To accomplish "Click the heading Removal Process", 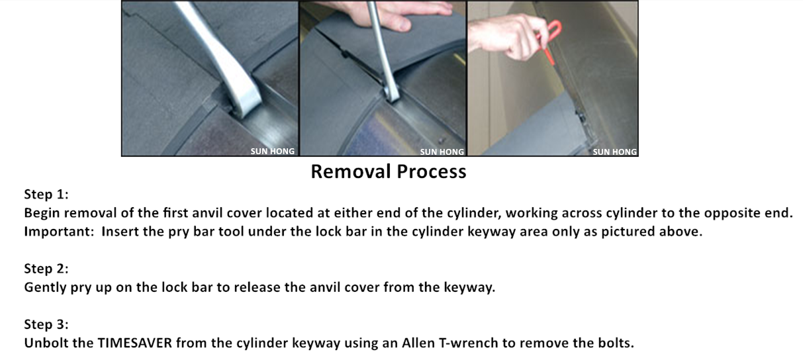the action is pyautogui.click(x=389, y=171).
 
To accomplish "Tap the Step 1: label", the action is pyautogui.click(x=46, y=194).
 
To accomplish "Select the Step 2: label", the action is pyautogui.click(x=46, y=269).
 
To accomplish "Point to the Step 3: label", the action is pyautogui.click(x=46, y=324).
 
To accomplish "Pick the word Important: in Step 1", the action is pyautogui.click(x=59, y=232).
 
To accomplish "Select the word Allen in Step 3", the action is pyautogui.click(x=418, y=343).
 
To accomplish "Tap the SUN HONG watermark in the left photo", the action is pyautogui.click(x=273, y=152).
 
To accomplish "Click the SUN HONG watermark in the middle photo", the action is pyautogui.click(x=442, y=152).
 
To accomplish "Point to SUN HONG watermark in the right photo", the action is pyautogui.click(x=615, y=152).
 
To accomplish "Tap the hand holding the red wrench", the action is pyautogui.click(x=509, y=36).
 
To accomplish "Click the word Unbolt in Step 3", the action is pyautogui.click(x=46, y=343).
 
